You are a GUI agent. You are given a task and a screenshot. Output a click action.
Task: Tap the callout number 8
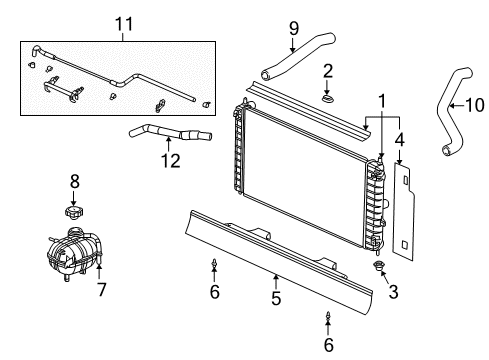click(73, 181)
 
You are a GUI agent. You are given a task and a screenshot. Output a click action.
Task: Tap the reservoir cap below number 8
click(72, 212)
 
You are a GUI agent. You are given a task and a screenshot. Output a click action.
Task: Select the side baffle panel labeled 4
click(403, 215)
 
